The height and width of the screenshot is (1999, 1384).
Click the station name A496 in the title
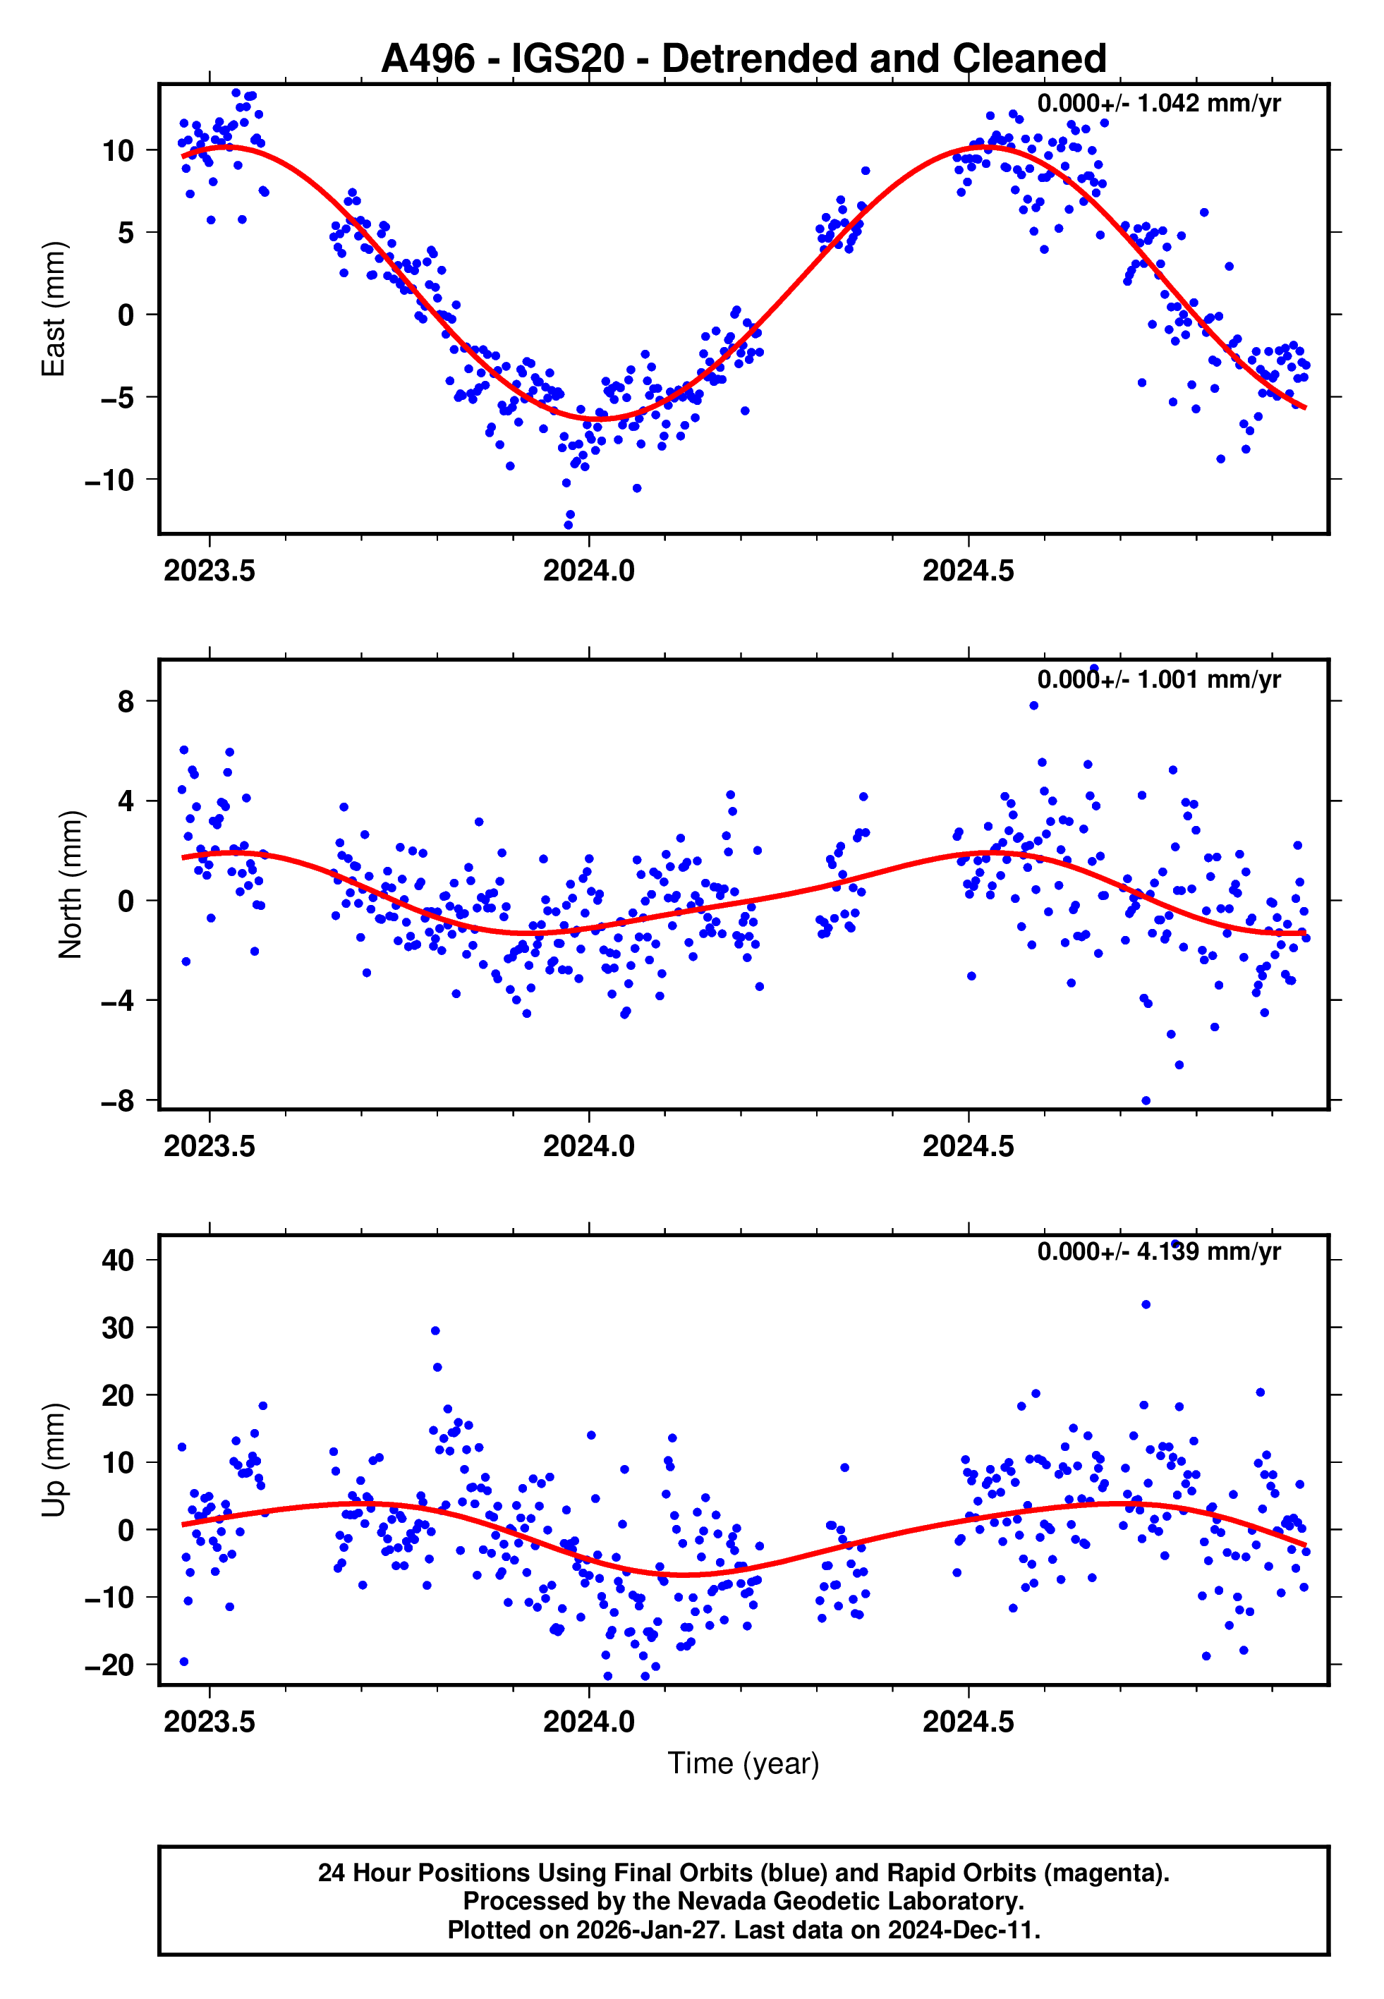coord(427,59)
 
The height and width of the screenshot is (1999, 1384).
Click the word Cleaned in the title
coord(1029,59)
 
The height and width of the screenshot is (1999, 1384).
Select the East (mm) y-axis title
coord(54,309)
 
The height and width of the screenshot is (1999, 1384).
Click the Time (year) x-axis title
coord(743,1763)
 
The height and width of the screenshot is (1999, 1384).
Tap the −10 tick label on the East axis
coord(109,480)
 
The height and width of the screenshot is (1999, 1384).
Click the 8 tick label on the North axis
coord(126,701)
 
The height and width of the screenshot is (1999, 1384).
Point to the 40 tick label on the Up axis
coord(118,1260)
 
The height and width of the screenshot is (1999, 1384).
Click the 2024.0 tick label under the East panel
coord(589,571)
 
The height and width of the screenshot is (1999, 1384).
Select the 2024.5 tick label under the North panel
coord(968,1146)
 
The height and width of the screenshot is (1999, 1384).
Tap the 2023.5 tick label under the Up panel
coord(209,1722)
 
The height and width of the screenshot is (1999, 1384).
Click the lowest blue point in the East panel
coord(569,525)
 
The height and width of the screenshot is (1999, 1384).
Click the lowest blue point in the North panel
coord(1146,1101)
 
